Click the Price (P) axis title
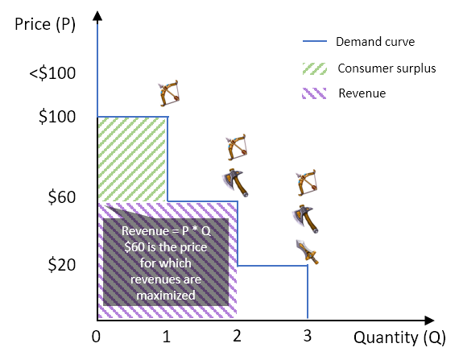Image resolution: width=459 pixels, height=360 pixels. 45,25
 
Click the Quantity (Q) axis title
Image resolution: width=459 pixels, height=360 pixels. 399,337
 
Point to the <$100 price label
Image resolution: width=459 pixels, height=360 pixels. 52,73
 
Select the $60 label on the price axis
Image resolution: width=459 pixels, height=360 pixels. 62,197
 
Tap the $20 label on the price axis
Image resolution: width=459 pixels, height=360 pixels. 62,265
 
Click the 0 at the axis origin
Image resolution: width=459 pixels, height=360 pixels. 96,337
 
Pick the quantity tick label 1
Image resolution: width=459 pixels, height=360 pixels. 167,337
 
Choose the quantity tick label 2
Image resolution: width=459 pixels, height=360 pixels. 237,336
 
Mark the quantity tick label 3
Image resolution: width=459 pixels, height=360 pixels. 307,336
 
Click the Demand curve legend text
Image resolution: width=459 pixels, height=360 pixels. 375,42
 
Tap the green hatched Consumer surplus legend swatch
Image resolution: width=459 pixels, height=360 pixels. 314,68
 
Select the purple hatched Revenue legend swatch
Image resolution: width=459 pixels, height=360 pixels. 314,93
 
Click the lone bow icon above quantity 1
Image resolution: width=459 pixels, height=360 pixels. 168,93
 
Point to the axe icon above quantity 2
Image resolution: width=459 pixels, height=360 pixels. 235,183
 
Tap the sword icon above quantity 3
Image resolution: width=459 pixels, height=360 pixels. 307,252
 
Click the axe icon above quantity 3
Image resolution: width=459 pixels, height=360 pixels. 305,219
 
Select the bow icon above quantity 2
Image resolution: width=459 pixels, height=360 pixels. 236,147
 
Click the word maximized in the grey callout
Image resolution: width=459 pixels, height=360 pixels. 166,296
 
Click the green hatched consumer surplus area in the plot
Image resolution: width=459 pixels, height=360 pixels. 132,159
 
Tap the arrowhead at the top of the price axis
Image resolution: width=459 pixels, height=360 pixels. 97,16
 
